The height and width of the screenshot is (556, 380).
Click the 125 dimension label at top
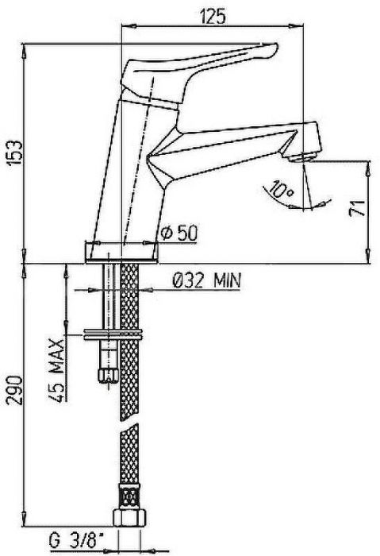pyautogui.click(x=212, y=16)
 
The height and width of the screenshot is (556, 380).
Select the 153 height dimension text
pyautogui.click(x=14, y=153)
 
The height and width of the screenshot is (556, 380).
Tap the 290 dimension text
pyautogui.click(x=16, y=391)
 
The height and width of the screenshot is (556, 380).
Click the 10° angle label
pyautogui.click(x=281, y=190)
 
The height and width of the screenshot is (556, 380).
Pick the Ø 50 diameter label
pyautogui.click(x=179, y=233)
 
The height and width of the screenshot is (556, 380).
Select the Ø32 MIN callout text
pyautogui.click(x=206, y=281)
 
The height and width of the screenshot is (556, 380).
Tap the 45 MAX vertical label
pyautogui.click(x=57, y=370)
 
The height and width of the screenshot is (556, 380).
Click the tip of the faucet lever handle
pyautogui.click(x=274, y=48)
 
